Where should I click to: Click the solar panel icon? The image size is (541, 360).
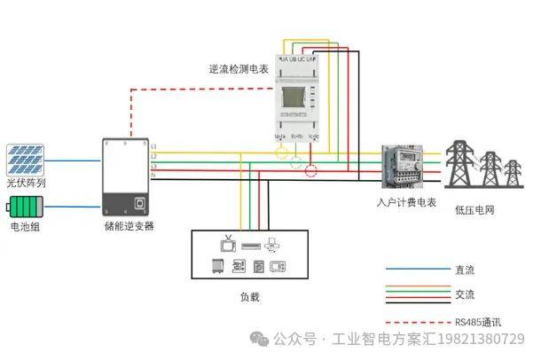pos(26,160)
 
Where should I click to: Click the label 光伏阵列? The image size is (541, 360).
pos(26,183)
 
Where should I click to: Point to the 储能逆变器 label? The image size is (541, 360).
pos(129,227)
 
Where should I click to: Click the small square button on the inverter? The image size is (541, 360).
pos(139,203)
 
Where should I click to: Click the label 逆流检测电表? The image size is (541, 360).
pos(239,68)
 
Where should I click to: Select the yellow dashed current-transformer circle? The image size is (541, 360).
pos(282,153)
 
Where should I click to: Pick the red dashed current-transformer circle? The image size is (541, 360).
pos(311,169)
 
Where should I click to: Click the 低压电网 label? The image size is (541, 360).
pos(474,210)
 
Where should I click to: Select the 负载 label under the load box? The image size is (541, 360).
pos(249,297)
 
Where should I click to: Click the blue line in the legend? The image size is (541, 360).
pos(417,268)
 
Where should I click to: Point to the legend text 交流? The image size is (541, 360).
pos(464,294)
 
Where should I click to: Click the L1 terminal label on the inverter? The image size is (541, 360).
pos(153,145)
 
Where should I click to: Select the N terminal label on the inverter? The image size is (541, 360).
pos(153,175)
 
